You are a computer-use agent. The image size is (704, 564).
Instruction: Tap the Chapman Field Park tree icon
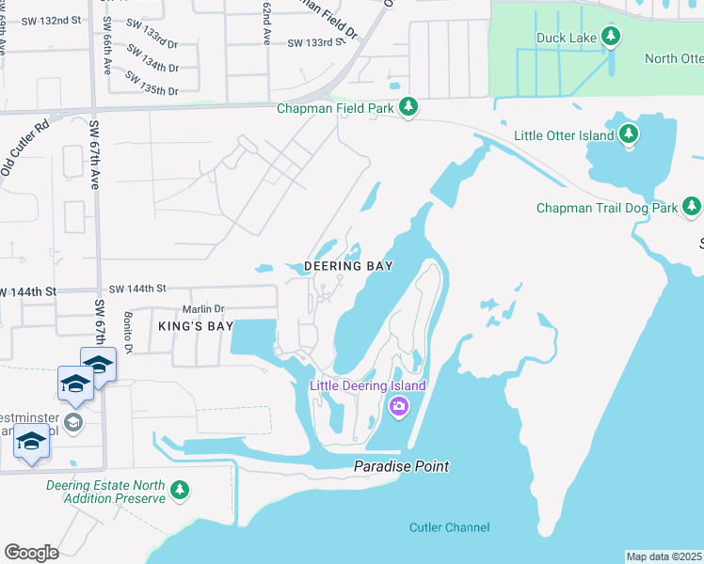click(x=408, y=108)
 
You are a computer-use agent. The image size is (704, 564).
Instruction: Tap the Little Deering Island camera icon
click(x=398, y=406)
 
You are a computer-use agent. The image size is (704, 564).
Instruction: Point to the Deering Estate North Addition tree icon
click(x=180, y=491)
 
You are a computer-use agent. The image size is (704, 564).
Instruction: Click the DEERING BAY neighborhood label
click(x=347, y=266)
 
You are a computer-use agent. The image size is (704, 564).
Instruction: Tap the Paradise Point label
click(x=401, y=466)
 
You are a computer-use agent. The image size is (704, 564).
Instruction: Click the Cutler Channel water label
click(x=449, y=527)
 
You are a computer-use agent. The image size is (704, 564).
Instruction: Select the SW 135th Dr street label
click(x=154, y=91)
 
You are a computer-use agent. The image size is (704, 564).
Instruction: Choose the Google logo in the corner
click(x=31, y=552)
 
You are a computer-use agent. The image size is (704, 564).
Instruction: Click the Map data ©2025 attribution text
click(x=664, y=556)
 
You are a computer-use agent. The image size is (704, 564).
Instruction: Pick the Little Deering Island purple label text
click(x=369, y=386)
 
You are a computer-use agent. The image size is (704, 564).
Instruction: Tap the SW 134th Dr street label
click(x=154, y=68)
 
